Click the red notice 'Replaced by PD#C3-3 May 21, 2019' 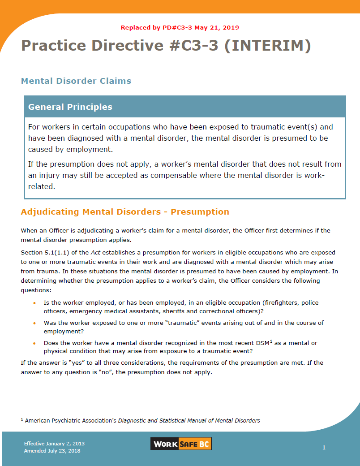tap(180, 27)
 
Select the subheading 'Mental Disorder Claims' tap(76, 81)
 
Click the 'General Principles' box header tap(70, 107)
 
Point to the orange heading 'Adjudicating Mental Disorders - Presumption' tap(125, 212)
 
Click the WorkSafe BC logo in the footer tap(181, 444)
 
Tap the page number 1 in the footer tap(324, 447)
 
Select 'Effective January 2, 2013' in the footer tap(54, 444)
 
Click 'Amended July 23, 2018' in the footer tap(52, 451)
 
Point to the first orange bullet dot tap(34, 303)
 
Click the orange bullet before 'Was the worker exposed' tap(34, 323)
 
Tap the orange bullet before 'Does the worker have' tap(34, 343)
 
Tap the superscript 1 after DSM tap(271, 341)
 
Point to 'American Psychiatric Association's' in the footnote tap(70, 421)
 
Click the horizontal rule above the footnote tap(63, 412)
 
